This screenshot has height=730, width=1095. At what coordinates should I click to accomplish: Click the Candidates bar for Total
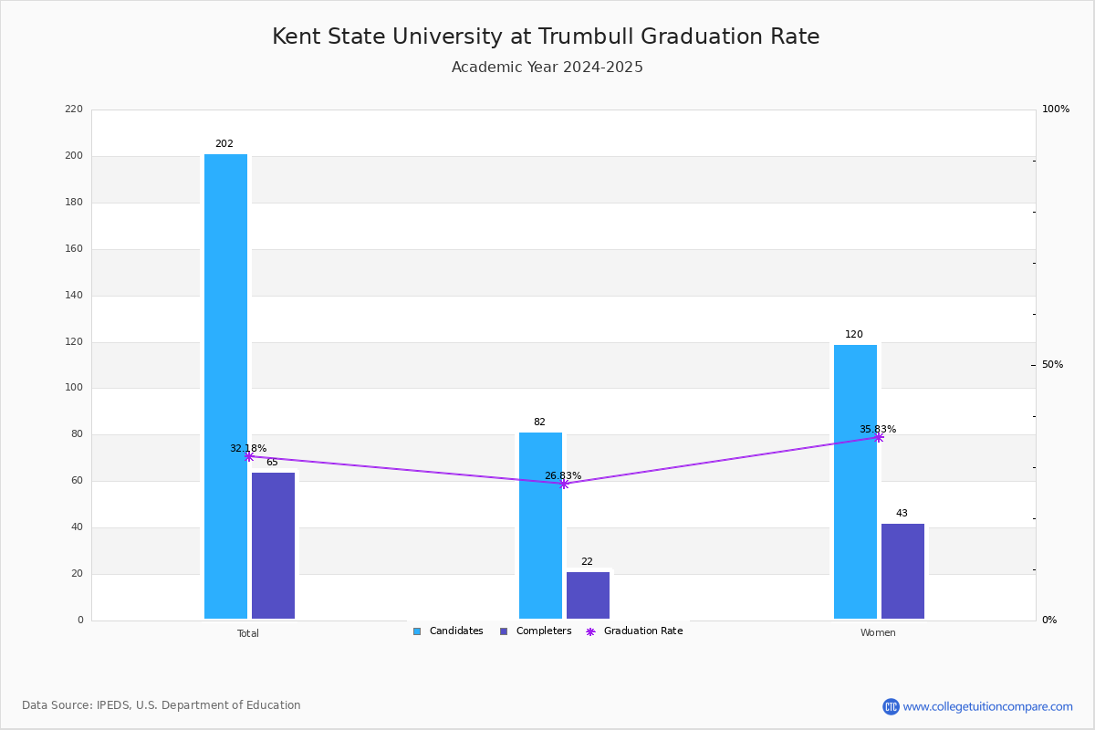(225, 387)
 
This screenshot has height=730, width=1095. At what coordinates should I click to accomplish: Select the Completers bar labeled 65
(273, 546)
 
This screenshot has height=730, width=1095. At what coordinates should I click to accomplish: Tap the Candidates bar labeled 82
(540, 526)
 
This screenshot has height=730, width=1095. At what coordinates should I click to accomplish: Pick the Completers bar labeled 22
(588, 596)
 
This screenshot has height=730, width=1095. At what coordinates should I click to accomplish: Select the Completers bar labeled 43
(902, 571)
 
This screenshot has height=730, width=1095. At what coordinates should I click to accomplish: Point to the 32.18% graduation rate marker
(249, 456)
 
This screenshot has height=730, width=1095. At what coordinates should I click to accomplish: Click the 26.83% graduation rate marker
(564, 484)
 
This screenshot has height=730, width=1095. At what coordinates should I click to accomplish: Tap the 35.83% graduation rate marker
(879, 437)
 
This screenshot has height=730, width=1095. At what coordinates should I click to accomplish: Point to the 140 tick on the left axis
(74, 296)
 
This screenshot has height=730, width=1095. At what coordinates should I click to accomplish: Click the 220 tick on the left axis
(74, 109)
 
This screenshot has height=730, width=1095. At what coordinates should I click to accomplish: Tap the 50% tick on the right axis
(1052, 365)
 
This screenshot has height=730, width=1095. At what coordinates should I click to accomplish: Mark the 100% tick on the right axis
(1055, 109)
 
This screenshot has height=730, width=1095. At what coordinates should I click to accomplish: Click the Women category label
(878, 633)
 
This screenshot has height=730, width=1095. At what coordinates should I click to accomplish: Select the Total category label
(248, 633)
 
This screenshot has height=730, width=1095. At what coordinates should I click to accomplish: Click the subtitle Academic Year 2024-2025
(547, 68)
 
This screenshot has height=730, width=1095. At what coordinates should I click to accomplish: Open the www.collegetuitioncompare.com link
(987, 706)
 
